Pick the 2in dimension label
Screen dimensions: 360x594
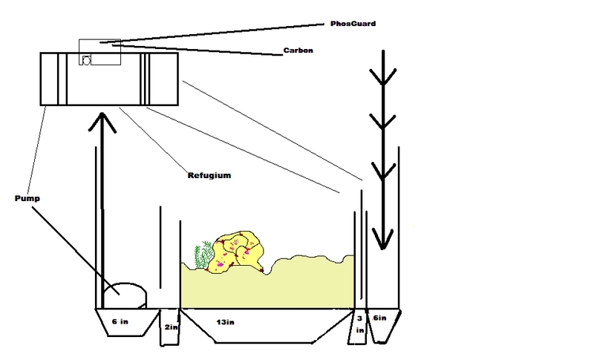click(169, 327)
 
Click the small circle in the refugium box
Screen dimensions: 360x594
click(87, 61)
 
